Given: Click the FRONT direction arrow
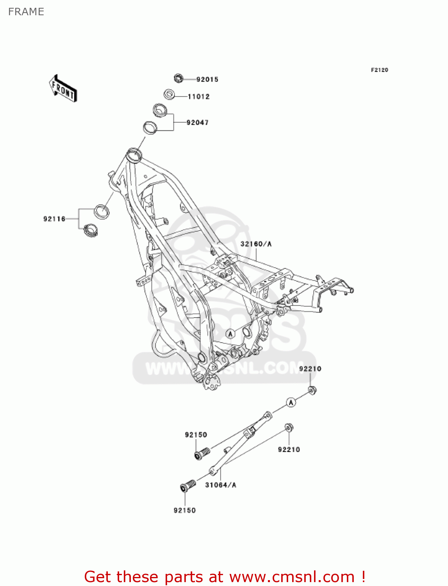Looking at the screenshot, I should click(x=63, y=88).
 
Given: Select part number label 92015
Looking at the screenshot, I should click(x=207, y=79).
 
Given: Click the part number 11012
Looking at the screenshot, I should click(x=198, y=96).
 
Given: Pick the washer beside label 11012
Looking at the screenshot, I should click(x=169, y=95).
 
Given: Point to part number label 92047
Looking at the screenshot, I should click(x=198, y=123).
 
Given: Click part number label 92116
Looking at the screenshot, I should click(x=54, y=219).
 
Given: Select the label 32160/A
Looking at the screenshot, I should click(x=256, y=244).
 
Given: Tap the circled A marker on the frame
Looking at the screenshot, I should click(x=230, y=334).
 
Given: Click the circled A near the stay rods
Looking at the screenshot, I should click(x=291, y=402).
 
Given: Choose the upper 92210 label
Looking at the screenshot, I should click(x=310, y=369).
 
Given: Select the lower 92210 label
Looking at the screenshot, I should click(x=289, y=450).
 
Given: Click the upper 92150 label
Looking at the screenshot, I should click(x=196, y=435).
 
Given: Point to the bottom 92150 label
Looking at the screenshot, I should click(x=185, y=510).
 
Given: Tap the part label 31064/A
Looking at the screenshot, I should click(x=221, y=485).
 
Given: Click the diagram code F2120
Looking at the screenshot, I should click(x=379, y=70).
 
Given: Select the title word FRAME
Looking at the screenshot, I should click(x=26, y=12).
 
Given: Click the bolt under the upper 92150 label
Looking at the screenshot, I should click(x=202, y=454).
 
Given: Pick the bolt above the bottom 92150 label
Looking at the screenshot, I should click(x=187, y=486).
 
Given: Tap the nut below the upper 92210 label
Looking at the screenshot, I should click(x=312, y=390).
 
